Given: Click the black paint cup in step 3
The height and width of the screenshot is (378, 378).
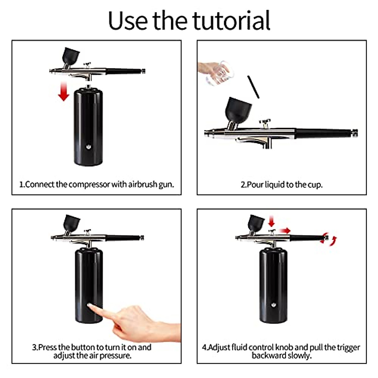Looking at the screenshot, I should pyautogui.click(x=72, y=222).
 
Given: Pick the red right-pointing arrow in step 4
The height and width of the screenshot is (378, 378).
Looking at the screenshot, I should pyautogui.click(x=286, y=231).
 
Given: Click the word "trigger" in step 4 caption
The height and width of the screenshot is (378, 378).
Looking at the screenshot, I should pyautogui.click(x=347, y=347).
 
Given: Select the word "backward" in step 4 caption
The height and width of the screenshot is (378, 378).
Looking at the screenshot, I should pyautogui.click(x=269, y=356).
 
